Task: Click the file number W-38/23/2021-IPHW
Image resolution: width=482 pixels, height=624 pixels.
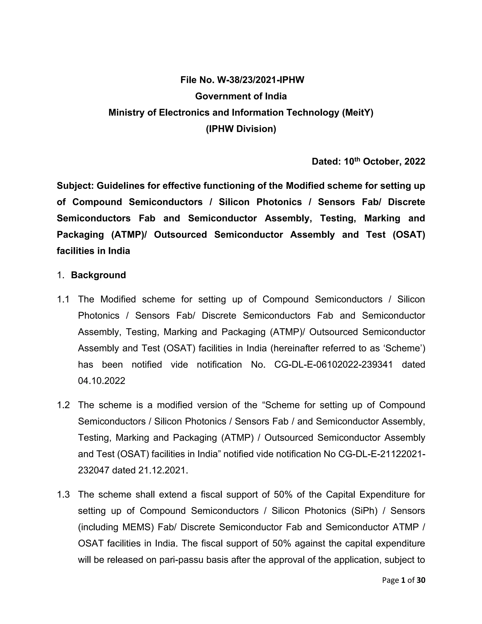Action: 261,80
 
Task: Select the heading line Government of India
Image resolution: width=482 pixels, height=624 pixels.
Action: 241,96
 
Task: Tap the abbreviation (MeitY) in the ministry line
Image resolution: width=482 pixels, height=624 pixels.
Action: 357,113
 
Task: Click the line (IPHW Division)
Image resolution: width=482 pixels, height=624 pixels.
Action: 241,129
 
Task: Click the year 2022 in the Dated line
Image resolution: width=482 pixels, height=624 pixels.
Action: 415,162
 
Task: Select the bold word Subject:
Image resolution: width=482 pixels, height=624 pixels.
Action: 75,186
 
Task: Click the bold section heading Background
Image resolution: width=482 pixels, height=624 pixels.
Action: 98,275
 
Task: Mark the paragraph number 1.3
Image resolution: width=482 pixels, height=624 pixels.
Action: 63,494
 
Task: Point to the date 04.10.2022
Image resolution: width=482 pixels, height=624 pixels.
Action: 101,381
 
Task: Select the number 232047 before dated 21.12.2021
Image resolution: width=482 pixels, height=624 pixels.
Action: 94,470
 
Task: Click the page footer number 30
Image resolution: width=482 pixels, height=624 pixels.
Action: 421,580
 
